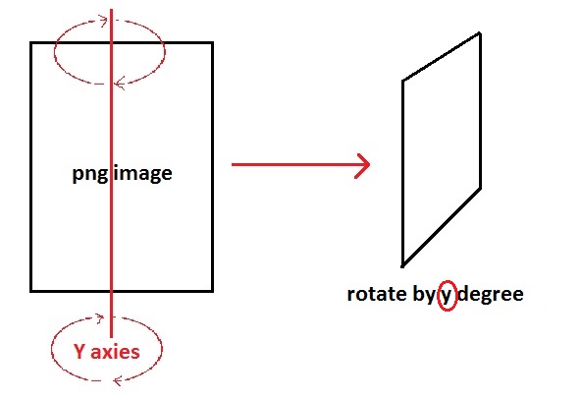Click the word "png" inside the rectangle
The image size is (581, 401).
click(90, 174)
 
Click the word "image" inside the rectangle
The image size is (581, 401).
click(143, 173)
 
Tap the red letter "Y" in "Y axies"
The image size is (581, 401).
click(79, 351)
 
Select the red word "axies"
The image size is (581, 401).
click(115, 352)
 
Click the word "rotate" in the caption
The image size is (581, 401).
click(377, 294)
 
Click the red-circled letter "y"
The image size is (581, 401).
click(447, 297)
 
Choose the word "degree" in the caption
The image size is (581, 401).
click(491, 295)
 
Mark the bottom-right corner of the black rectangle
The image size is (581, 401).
click(212, 291)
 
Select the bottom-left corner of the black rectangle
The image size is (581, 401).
click(31, 291)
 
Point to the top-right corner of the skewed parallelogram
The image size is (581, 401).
click(480, 33)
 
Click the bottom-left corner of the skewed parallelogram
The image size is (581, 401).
click(402, 265)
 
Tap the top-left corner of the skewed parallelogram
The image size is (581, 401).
click(402, 81)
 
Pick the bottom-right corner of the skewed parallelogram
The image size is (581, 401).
click(481, 189)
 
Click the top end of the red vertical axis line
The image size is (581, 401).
click(112, 10)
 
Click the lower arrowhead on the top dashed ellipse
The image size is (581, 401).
click(120, 84)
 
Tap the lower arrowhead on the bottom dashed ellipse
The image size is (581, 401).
click(118, 380)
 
